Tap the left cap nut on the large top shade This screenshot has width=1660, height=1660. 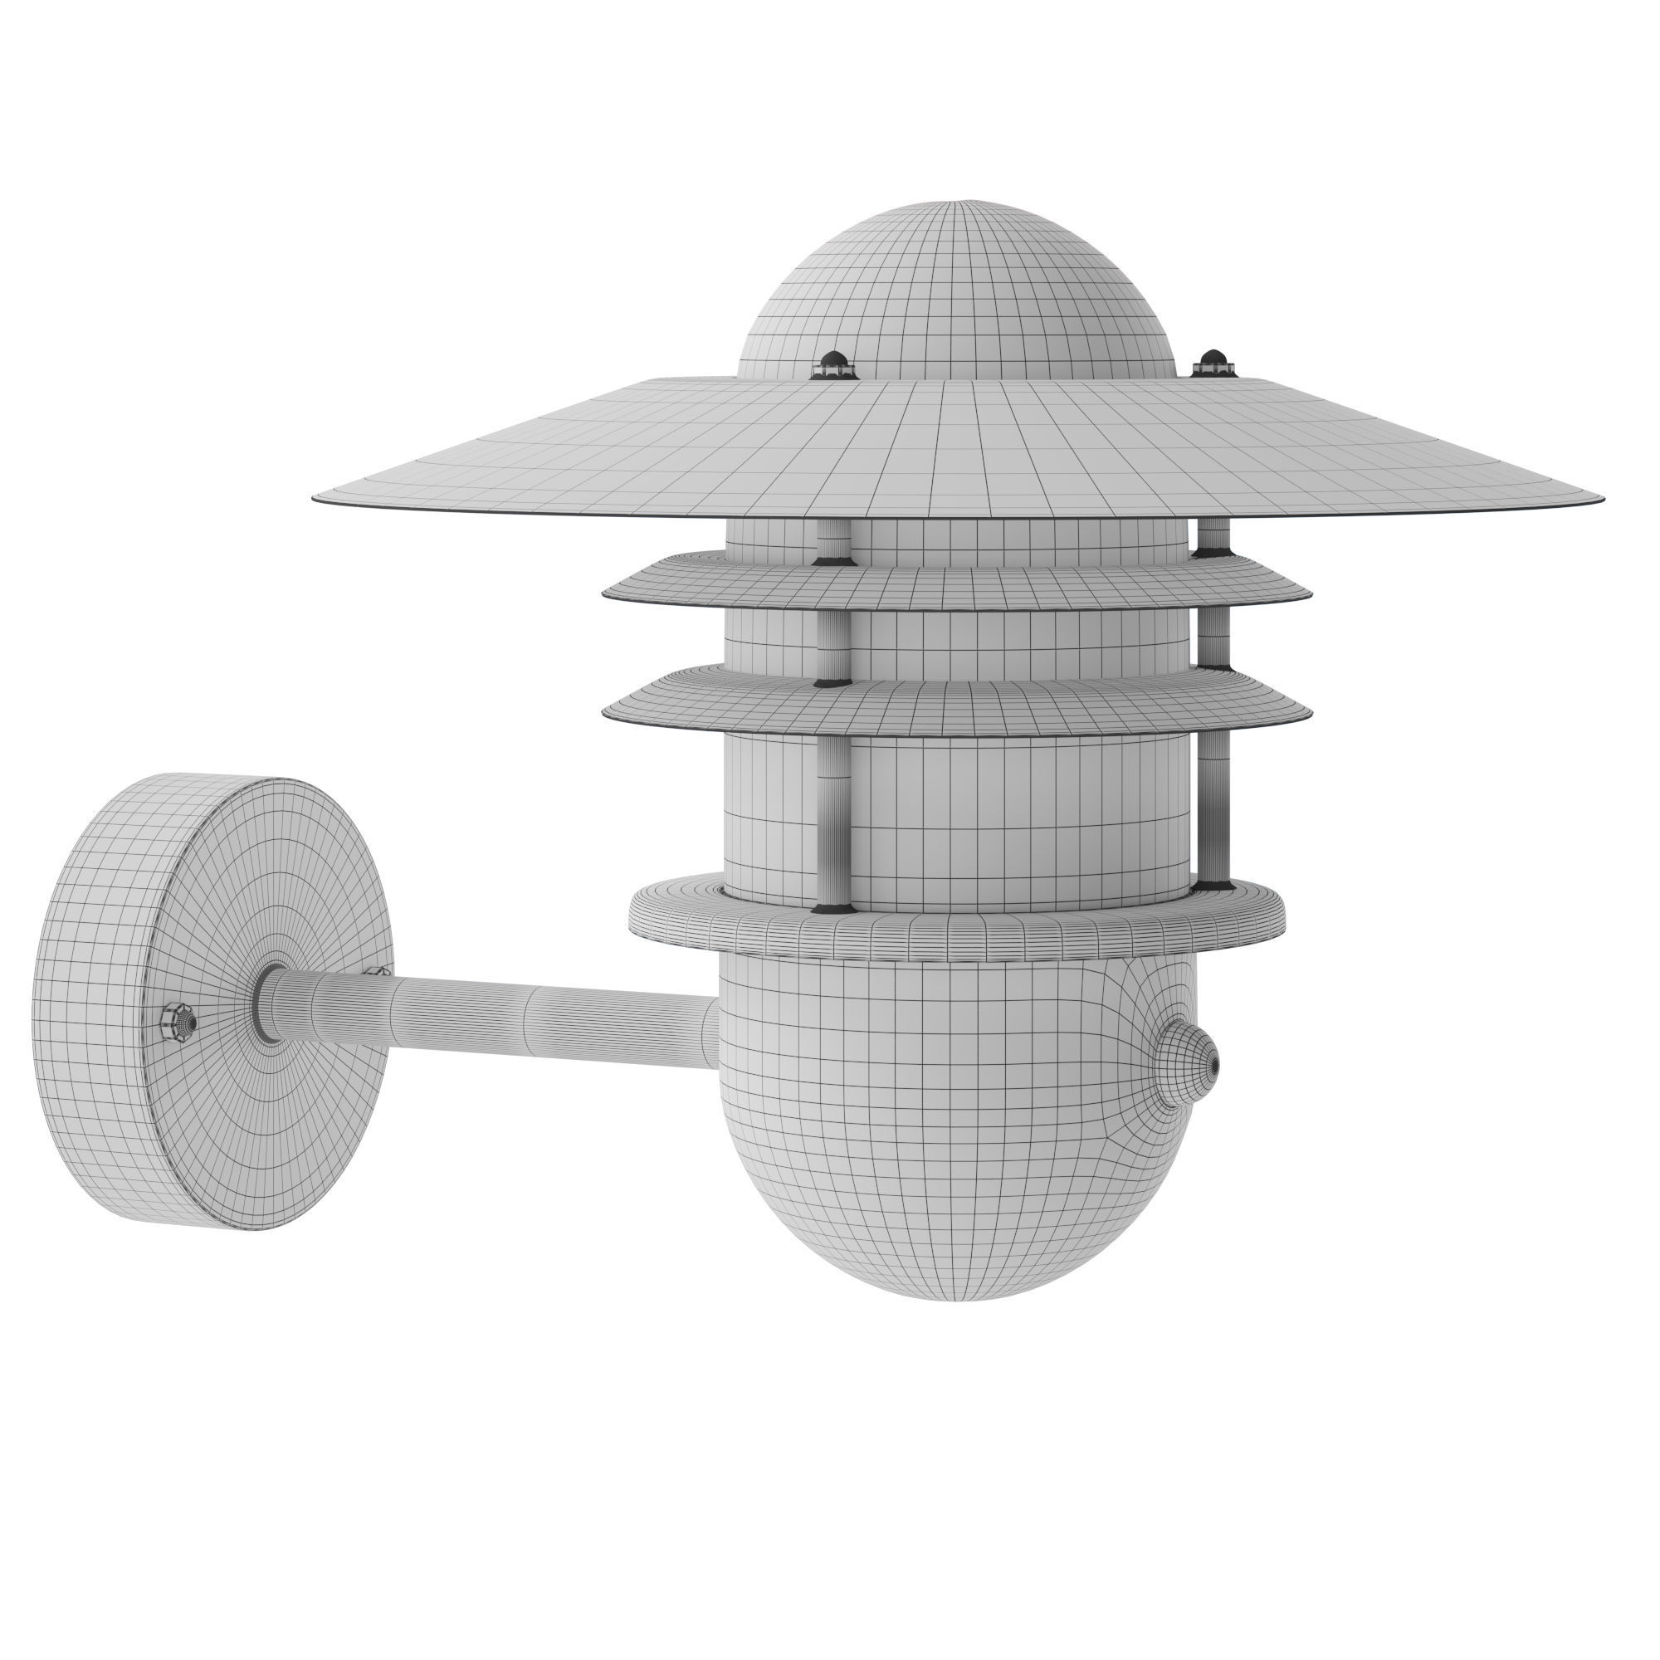point(834,364)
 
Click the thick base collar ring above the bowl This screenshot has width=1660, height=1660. point(958,924)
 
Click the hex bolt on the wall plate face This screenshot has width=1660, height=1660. point(178,1020)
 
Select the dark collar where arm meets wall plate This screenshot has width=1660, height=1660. point(269,1002)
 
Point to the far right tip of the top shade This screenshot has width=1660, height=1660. point(1600,498)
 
